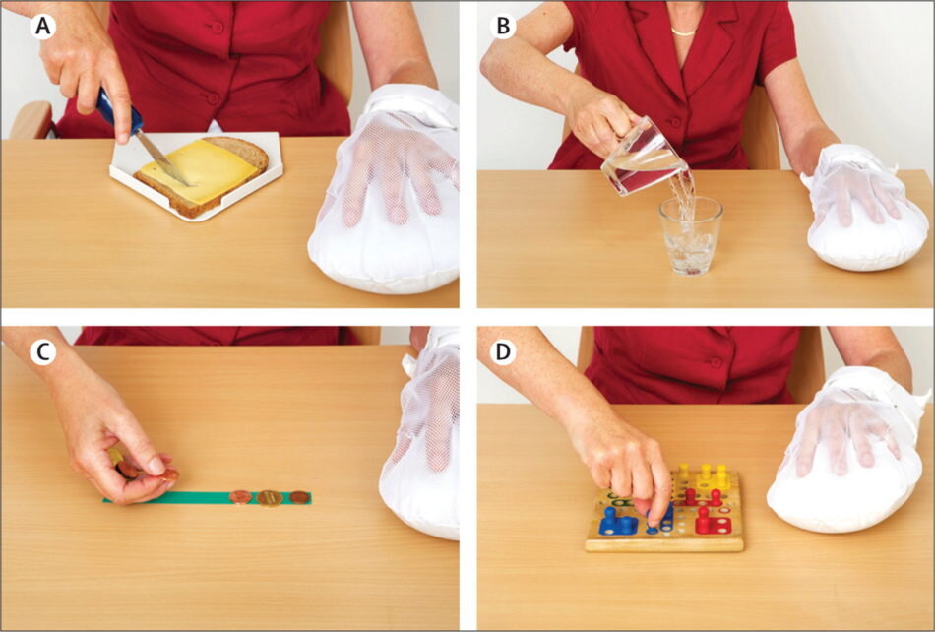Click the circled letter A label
pyautogui.click(x=42, y=27)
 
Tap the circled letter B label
pyautogui.click(x=503, y=27)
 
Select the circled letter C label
pyautogui.click(x=42, y=352)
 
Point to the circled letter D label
pyautogui.click(x=503, y=352)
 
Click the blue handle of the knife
pyautogui.click(x=119, y=111)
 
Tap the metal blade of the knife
pyautogui.click(x=159, y=157)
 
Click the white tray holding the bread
pyautogui.click(x=196, y=176)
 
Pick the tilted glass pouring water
pyautogui.click(x=643, y=158)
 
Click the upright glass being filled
pyautogui.click(x=691, y=236)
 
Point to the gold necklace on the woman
pyautogui.click(x=683, y=32)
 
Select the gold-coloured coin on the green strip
pyautogui.click(x=270, y=498)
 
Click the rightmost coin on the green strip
pyautogui.click(x=299, y=497)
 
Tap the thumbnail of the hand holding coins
pyautogui.click(x=156, y=464)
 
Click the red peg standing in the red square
pyautogui.click(x=705, y=519)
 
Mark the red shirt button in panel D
pyautogui.click(x=717, y=362)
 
